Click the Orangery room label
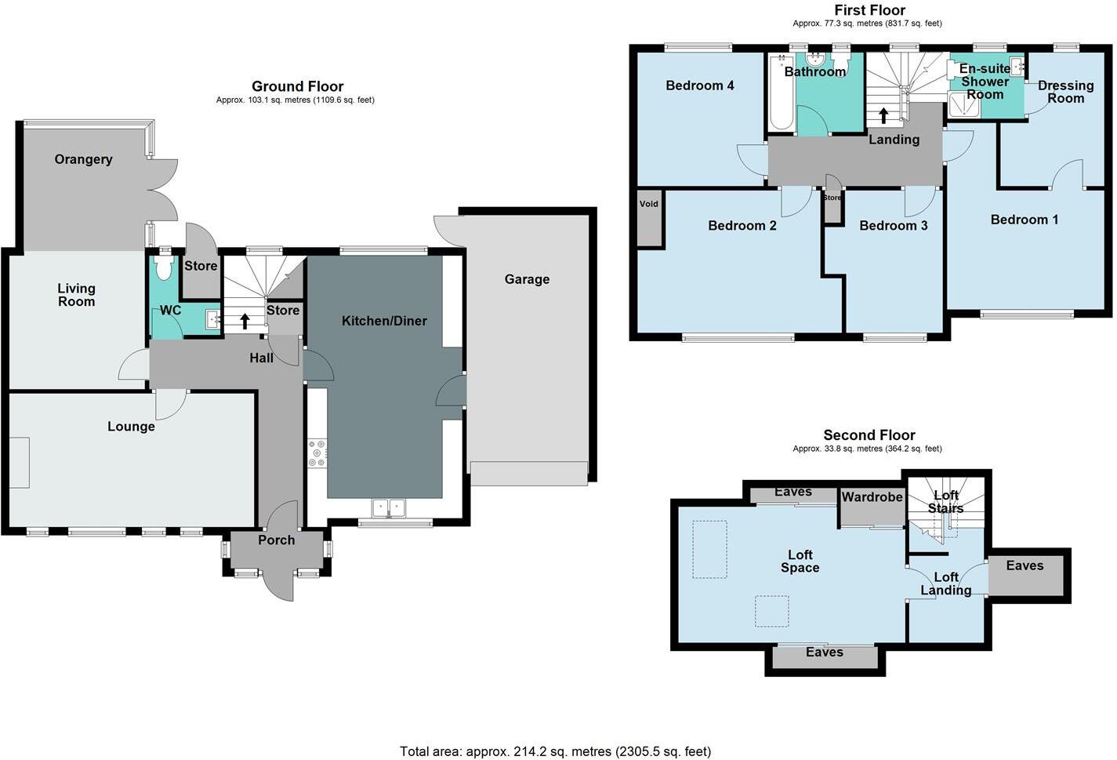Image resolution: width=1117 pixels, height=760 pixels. pos(83,159)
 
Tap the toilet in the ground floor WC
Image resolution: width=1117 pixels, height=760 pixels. pos(164,268)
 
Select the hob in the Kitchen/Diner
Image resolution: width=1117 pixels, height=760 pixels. pos(317,454)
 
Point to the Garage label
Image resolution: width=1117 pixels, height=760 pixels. pos(527,279)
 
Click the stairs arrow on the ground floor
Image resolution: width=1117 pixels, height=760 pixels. pos(245,320)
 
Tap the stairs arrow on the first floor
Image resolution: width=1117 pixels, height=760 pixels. pos(883,115)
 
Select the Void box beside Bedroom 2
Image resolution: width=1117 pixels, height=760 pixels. pos(649,219)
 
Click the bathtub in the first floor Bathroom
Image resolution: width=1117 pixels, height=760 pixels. pos(781,93)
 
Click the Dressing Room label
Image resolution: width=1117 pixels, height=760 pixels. pos(1065,92)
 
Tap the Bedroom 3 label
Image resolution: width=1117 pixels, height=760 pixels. pos(893,226)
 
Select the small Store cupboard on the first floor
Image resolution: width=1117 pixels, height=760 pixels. pos(832,198)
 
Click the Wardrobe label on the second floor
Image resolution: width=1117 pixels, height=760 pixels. pos(872,497)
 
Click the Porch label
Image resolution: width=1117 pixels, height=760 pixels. pos(276,540)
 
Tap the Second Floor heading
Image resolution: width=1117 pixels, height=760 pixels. pos(869,435)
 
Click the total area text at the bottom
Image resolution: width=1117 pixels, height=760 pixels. pos(555,751)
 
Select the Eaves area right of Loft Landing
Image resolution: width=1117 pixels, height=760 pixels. pos(1025,576)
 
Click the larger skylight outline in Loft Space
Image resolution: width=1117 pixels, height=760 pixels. pos(709,550)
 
